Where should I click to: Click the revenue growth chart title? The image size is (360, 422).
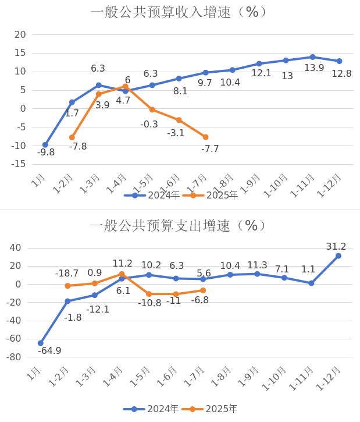tap(179, 12)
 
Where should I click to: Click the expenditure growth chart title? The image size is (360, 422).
tap(179, 226)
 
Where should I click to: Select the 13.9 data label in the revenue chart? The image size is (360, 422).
tap(314, 68)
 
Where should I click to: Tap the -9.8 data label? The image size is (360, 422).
tap(45, 153)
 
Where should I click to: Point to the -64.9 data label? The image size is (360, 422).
tap(49, 351)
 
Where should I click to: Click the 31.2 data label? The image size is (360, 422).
tap(336, 247)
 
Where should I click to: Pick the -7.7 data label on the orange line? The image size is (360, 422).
tap(210, 149)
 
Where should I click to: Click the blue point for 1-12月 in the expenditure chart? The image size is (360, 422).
tap(338, 256)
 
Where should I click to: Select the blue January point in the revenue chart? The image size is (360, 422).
tap(45, 144)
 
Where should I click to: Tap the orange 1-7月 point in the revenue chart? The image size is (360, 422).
tap(205, 137)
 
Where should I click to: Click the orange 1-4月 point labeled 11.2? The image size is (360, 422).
tap(122, 274)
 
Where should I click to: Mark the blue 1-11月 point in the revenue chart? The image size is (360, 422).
tap(312, 57)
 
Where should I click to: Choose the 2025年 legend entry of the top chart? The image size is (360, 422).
tap(210, 196)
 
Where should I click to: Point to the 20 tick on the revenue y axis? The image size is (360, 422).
tap(20, 35)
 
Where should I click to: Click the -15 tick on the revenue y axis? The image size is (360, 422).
tap(19, 164)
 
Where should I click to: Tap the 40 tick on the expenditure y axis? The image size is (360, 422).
tap(16, 248)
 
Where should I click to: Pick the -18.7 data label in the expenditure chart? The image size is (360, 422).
tap(67, 274)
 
